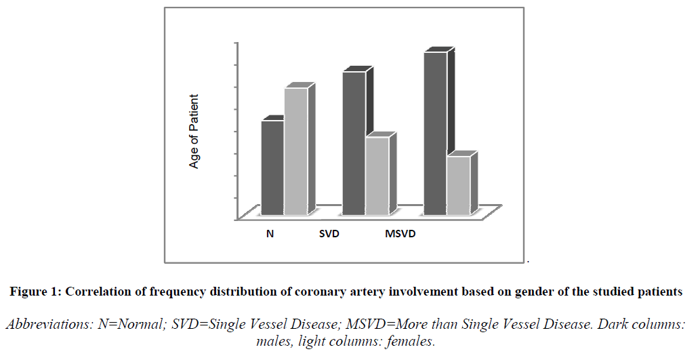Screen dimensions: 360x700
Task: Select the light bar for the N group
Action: point(295,153)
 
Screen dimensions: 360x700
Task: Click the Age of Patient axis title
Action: point(194,131)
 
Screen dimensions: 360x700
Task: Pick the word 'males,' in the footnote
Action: point(275,342)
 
